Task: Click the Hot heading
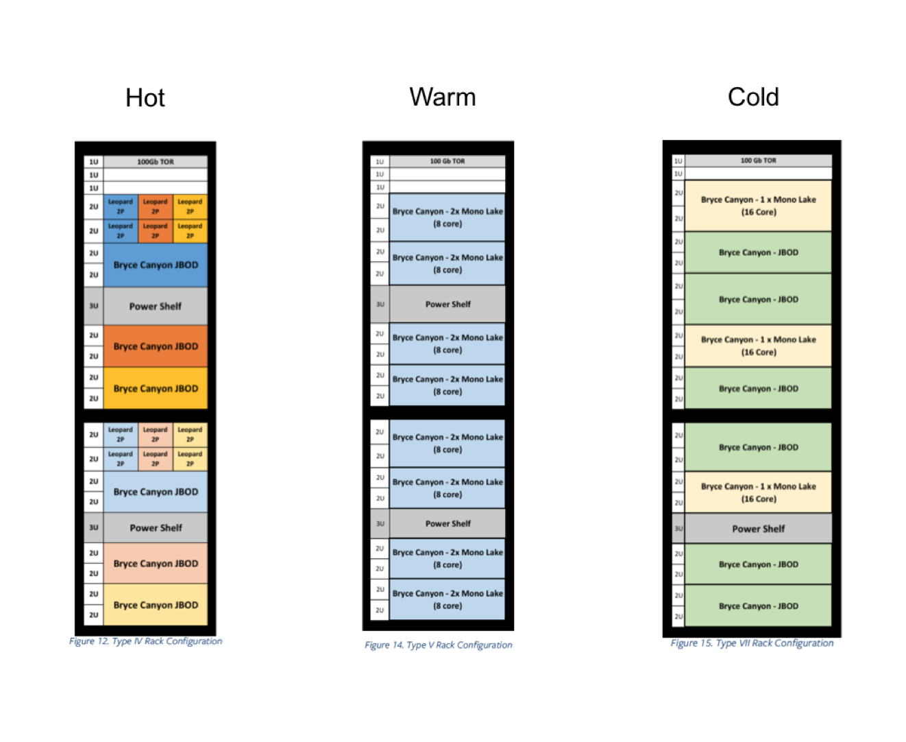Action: coord(145,97)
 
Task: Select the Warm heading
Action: coord(443,97)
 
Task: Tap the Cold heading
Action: coord(752,97)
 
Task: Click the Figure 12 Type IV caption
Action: coord(145,641)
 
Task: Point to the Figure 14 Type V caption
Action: coord(438,645)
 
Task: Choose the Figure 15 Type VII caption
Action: coord(752,643)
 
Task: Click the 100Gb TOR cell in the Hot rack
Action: coord(156,162)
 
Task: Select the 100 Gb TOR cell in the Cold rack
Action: coord(758,160)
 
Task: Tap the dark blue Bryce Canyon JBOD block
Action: coord(156,265)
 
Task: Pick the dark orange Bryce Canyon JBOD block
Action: coord(156,346)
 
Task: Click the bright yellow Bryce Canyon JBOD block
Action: coord(156,388)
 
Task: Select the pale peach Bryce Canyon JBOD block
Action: coord(156,563)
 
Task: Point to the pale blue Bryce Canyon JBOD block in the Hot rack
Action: coord(156,492)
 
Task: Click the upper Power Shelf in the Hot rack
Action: coord(156,306)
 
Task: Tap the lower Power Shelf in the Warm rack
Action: coord(448,524)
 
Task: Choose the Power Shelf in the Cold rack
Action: coord(758,528)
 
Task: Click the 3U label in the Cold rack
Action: coord(678,528)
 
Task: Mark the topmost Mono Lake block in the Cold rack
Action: coord(758,206)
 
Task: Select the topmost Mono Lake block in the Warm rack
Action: coord(448,217)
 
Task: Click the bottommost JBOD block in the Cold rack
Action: coord(758,606)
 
